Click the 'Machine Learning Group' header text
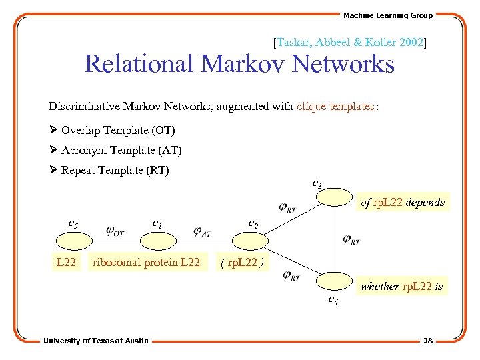click(x=387, y=15)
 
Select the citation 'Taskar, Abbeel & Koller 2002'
click(x=350, y=42)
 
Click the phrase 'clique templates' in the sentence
click(x=336, y=106)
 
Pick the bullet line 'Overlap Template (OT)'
click(x=117, y=130)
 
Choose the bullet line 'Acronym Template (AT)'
click(x=121, y=150)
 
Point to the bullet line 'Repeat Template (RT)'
click(x=115, y=171)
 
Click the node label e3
click(x=317, y=183)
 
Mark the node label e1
click(x=157, y=224)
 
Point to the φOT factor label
click(x=115, y=231)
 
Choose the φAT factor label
click(x=201, y=231)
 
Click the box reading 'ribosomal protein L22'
click(x=147, y=262)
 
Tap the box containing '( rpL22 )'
click(x=243, y=262)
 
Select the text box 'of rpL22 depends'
click(x=402, y=202)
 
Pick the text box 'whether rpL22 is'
click(x=401, y=287)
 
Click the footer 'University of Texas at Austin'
click(x=96, y=341)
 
